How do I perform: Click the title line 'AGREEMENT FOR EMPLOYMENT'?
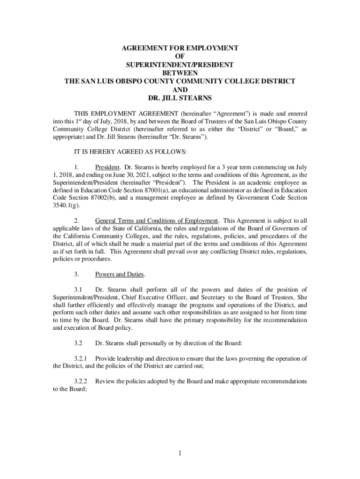click(x=180, y=48)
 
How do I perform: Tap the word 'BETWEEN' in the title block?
click(x=180, y=73)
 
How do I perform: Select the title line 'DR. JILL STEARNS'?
click(x=180, y=98)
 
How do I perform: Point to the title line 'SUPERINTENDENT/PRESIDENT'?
click(x=180, y=65)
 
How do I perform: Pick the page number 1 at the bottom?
click(x=180, y=453)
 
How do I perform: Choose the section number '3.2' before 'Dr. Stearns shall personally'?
click(x=79, y=343)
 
